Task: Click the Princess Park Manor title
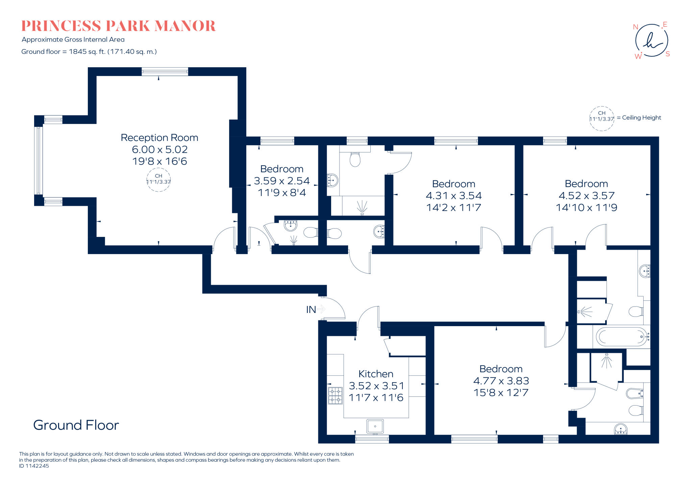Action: (118, 26)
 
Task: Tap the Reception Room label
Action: (159, 138)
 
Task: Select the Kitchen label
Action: (376, 374)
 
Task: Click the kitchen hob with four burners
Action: (335, 396)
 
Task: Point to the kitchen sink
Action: (375, 427)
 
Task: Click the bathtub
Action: (621, 337)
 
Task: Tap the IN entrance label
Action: (311, 309)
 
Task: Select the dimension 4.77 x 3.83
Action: (501, 381)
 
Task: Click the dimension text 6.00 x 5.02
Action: (159, 149)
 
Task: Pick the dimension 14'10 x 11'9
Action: (587, 208)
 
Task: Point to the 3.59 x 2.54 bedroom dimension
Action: (282, 181)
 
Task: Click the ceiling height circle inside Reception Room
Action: (158, 179)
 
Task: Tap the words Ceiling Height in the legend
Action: (641, 118)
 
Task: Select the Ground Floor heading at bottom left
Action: (76, 425)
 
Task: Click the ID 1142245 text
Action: (34, 466)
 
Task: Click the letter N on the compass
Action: (636, 27)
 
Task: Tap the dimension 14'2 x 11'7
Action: (453, 208)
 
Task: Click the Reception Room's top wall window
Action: (165, 71)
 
